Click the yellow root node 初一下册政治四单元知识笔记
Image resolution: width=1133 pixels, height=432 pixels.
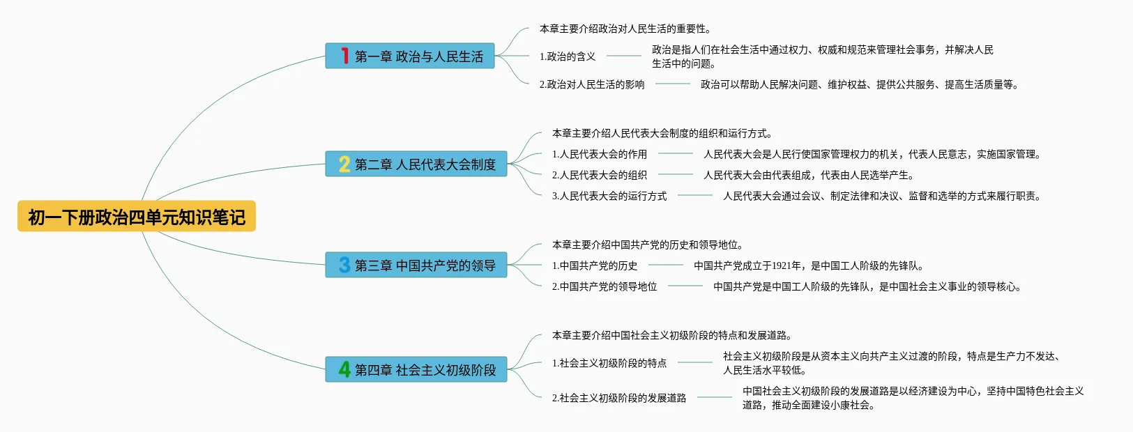pos(137,217)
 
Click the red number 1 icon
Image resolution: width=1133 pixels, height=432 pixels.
pos(344,56)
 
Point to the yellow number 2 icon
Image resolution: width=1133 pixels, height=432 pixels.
pos(344,164)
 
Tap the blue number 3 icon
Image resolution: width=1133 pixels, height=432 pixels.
pos(344,265)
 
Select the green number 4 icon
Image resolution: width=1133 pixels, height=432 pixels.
pos(344,369)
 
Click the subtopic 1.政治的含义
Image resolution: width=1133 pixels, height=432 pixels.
pos(568,56)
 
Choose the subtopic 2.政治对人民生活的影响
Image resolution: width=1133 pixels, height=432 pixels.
pos(592,84)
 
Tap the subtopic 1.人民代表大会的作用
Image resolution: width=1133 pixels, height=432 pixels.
pos(600,154)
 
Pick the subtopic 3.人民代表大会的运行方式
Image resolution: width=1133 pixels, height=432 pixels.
pos(609,196)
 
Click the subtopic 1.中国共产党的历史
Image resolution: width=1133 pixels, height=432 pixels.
pos(595,265)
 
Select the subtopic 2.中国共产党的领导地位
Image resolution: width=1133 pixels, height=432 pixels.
pos(604,286)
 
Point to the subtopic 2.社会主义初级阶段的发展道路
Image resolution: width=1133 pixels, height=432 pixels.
pos(619,398)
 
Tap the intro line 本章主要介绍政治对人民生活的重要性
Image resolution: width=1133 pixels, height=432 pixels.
pos(625,29)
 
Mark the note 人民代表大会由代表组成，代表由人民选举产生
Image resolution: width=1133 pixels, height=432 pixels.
pos(809,175)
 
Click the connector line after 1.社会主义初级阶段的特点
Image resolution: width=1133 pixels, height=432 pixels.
pos(695,362)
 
